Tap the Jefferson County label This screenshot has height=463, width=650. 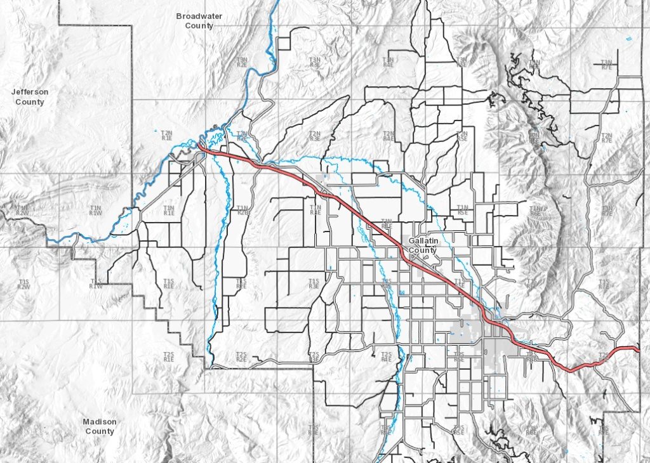[x=30, y=97]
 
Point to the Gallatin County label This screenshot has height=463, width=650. [x=423, y=246]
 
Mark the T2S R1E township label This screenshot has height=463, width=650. [x=168, y=356]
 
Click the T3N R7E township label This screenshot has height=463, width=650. [x=606, y=64]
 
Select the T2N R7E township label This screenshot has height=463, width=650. [x=606, y=137]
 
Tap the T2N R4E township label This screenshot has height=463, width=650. [x=388, y=136]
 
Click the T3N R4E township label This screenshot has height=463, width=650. [x=388, y=62]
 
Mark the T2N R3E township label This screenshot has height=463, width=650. [x=315, y=136]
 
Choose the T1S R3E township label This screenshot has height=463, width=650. [x=314, y=284]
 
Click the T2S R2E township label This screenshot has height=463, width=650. [x=241, y=356]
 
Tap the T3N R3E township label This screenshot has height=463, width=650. [x=315, y=62]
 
